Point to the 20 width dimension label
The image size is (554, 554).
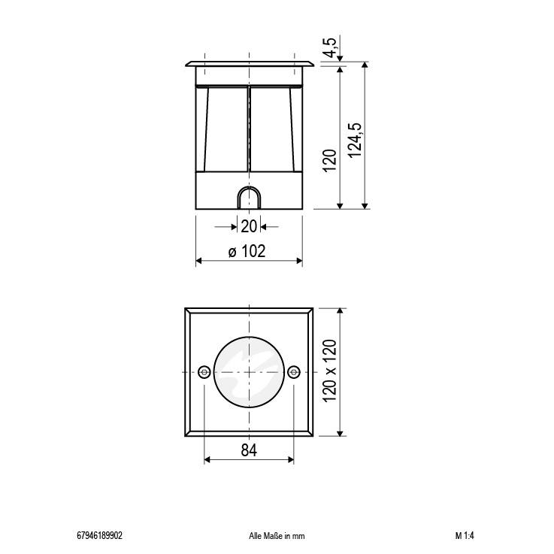[248, 226]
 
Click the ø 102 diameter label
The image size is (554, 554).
[247, 252]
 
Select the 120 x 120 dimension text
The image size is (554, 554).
[330, 371]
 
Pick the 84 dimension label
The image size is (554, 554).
[249, 450]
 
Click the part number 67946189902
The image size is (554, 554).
[100, 536]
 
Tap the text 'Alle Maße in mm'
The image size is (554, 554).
[276, 536]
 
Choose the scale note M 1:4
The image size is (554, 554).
[464, 536]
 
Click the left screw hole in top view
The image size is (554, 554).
[204, 372]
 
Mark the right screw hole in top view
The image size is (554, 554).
[293, 372]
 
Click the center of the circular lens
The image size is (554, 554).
[249, 372]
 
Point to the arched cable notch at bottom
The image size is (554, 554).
[248, 198]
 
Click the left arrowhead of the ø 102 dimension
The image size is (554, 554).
[199, 261]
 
